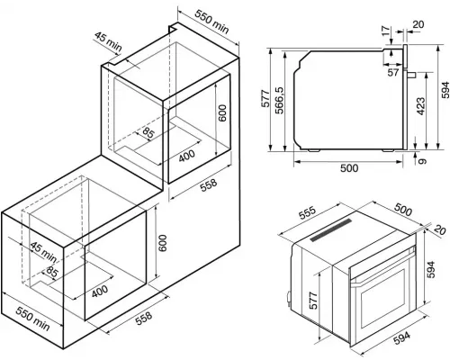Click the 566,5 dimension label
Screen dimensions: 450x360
(280, 101)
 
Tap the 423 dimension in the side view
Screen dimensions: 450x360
(420, 106)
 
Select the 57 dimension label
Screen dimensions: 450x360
(393, 72)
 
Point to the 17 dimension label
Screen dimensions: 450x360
(386, 31)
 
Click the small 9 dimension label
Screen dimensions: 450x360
(422, 161)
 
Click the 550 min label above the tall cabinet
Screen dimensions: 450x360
(211, 21)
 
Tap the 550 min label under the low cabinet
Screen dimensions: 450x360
(32, 319)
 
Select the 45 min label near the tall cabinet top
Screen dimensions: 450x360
(108, 41)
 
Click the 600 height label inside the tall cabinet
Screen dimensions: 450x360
(222, 112)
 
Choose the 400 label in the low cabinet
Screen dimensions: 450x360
(100, 291)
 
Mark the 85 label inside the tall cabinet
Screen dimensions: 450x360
(148, 132)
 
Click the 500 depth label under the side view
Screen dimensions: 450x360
(349, 168)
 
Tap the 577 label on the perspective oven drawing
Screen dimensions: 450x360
(313, 301)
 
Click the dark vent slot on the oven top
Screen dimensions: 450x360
(330, 229)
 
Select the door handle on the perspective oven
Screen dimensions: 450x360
(382, 266)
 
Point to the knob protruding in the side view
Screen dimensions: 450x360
(411, 75)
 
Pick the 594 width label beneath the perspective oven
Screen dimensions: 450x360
(401, 337)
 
